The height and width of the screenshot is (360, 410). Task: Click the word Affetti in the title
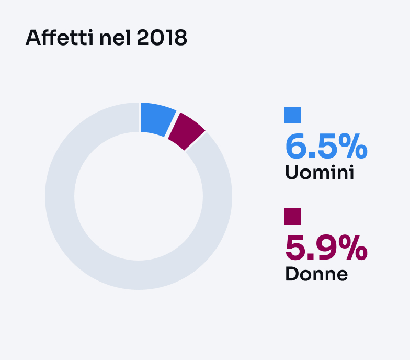(60, 38)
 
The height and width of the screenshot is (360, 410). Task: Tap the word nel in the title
(115, 38)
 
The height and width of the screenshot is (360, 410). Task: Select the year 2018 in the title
(162, 38)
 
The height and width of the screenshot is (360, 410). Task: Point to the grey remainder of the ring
(139, 275)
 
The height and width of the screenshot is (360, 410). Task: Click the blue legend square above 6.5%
(293, 115)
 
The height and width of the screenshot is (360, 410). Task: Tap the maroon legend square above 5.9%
(293, 217)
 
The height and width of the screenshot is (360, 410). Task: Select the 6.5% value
(326, 147)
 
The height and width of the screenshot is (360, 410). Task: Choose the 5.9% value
(326, 248)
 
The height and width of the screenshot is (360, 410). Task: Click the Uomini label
(320, 173)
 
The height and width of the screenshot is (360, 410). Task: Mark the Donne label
(316, 274)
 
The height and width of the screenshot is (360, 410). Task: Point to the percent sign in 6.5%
(353, 147)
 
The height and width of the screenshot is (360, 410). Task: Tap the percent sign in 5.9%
(353, 248)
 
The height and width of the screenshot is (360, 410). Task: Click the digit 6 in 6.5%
(296, 147)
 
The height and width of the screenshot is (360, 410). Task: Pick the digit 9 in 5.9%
(326, 248)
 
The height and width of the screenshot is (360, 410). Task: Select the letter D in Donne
(292, 274)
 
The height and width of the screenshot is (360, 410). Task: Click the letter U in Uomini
(292, 173)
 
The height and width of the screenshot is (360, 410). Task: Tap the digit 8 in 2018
(180, 38)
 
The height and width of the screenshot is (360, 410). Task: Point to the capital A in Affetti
(33, 38)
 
